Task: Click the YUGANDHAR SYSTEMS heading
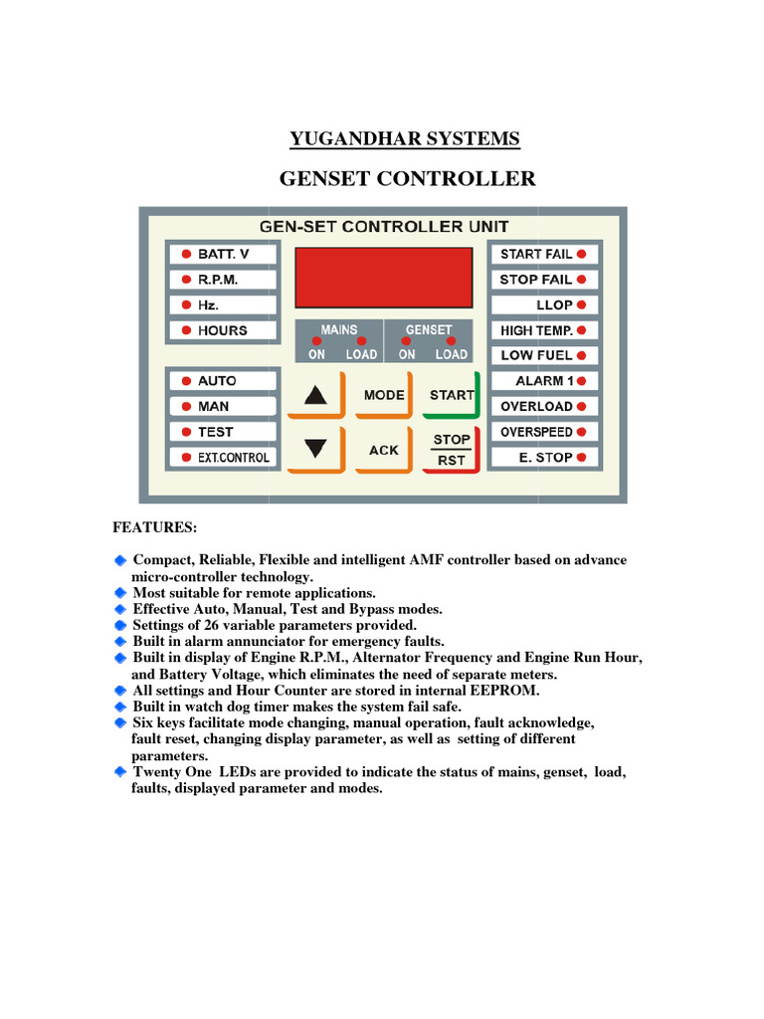click(405, 138)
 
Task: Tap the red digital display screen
click(383, 277)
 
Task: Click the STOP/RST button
click(452, 450)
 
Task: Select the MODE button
click(383, 395)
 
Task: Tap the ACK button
click(383, 450)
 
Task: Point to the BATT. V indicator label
click(222, 255)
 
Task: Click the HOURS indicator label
click(222, 330)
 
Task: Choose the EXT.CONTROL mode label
click(232, 458)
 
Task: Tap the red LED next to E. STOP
click(582, 458)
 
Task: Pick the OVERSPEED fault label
click(535, 432)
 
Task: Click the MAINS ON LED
click(316, 341)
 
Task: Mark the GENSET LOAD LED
click(451, 341)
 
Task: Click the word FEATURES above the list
click(154, 525)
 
